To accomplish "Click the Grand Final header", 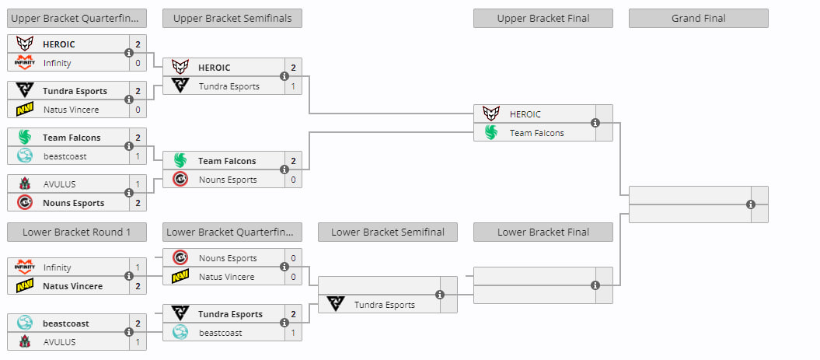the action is pos(698,19).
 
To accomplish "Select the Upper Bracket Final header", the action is pos(543,19).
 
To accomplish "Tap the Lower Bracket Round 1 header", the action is pos(76,232).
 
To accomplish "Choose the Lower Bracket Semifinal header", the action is pos(388,232).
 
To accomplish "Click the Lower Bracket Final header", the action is pos(543,232).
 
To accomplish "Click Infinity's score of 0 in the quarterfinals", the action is pos(138,63).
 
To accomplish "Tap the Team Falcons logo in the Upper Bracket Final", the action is pos(491,132).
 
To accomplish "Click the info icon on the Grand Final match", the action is pos(751,204).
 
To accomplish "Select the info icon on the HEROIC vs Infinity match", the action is pos(129,53).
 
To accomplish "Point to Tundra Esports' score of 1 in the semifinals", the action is pos(293,86).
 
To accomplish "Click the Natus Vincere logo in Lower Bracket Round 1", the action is pos(25,285).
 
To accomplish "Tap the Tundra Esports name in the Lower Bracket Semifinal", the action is pos(385,305).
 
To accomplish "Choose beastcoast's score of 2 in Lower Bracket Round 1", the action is pos(138,323).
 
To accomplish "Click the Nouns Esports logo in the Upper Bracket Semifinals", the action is pos(180,180).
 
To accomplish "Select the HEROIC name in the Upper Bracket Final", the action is pos(525,114).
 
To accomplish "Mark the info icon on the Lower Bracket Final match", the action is pos(595,285).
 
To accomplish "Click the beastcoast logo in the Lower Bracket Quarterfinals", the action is pos(180,332).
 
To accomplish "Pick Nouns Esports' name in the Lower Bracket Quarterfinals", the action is pos(228,258).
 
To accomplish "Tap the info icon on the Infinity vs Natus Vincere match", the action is pos(129,276).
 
